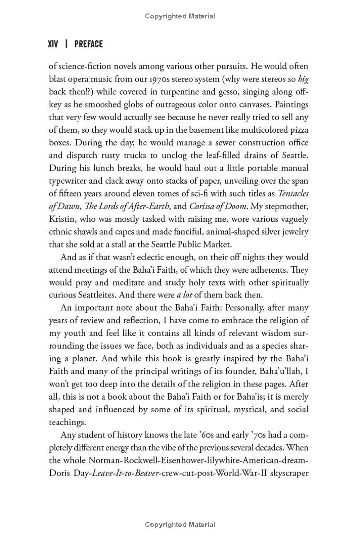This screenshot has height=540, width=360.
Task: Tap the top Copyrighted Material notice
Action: tap(180, 16)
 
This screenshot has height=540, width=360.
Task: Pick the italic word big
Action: tap(304, 79)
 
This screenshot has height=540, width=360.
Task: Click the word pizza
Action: tap(298, 130)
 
